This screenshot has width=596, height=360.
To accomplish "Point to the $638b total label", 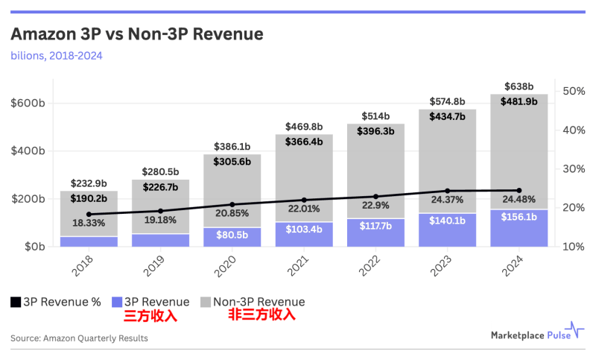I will point(519,86).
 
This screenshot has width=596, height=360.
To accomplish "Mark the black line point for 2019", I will point(161,211).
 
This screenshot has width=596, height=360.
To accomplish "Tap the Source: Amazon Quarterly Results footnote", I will point(79,338).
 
